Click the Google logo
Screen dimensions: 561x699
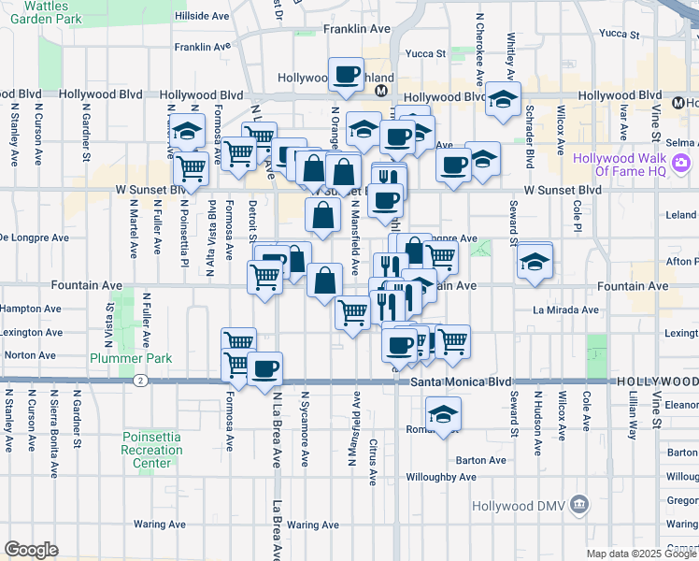coord(31,550)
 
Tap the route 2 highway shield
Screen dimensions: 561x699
coord(139,381)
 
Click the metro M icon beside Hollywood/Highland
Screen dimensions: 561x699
coord(381,92)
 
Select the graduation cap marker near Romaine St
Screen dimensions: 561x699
coord(443,412)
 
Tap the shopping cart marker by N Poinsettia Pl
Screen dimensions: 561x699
coord(192,168)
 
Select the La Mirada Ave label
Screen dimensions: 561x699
coord(563,309)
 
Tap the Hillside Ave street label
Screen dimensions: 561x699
coord(201,17)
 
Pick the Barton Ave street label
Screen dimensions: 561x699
coord(480,460)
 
